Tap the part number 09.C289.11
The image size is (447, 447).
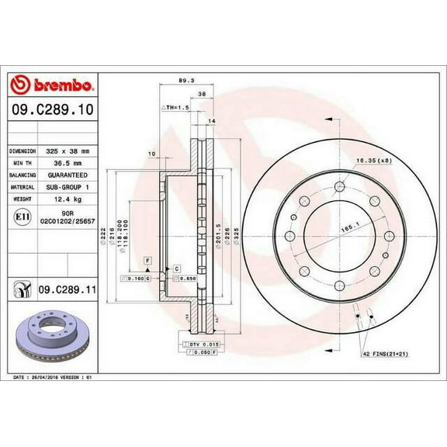64,289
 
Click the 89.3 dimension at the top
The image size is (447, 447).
185,79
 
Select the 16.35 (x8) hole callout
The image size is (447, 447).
375,161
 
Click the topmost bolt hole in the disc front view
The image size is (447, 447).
340,184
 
